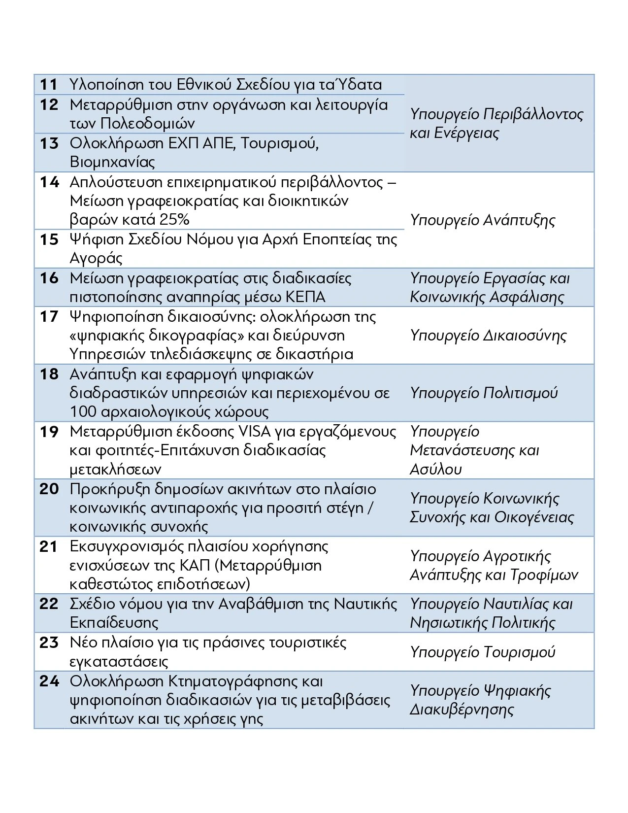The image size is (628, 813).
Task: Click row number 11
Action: click(x=49, y=85)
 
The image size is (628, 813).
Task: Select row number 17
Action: click(x=49, y=316)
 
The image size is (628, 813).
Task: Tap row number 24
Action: click(x=49, y=681)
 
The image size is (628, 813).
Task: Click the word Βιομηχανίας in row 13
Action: click(x=112, y=162)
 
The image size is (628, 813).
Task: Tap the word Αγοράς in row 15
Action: click(x=96, y=258)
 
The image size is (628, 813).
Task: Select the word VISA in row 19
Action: click(x=255, y=432)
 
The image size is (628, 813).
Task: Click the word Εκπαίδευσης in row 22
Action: click(x=114, y=623)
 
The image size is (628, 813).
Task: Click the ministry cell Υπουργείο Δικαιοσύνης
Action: click(x=488, y=336)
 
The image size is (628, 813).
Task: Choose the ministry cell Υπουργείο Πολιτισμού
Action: click(x=484, y=393)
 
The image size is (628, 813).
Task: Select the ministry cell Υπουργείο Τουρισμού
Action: click(x=482, y=652)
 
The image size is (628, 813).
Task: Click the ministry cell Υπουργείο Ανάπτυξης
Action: click(x=482, y=220)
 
